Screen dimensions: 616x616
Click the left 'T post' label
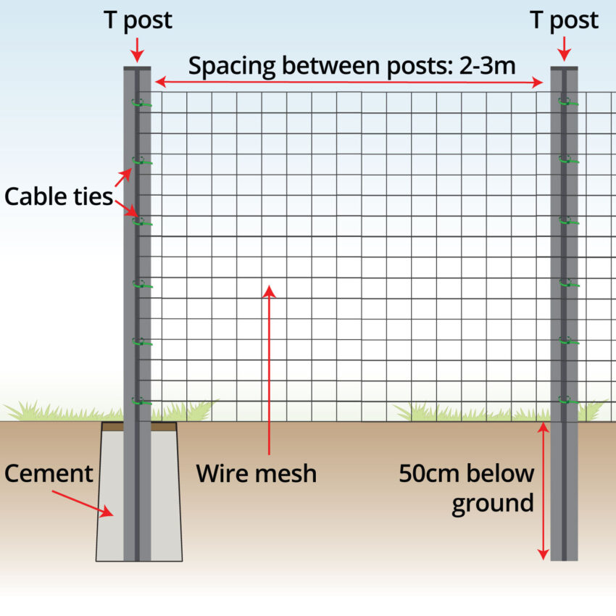(138, 20)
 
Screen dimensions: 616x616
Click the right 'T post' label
(565, 20)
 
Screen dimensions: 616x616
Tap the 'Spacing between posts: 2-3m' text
(351, 66)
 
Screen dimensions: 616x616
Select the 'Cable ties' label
(58, 196)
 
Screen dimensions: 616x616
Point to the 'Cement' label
(49, 474)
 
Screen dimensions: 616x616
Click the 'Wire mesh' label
(257, 474)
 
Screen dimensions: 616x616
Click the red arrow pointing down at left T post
(138, 51)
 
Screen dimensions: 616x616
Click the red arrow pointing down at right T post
(565, 51)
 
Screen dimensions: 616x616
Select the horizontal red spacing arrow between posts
(349, 83)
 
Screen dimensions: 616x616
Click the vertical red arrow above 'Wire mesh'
(269, 370)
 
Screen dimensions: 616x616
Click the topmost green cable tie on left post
(142, 104)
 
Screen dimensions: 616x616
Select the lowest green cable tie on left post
(142, 400)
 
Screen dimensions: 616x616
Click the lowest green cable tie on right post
(568, 399)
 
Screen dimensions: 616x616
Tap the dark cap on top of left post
(137, 68)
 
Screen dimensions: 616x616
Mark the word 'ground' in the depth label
(492, 503)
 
